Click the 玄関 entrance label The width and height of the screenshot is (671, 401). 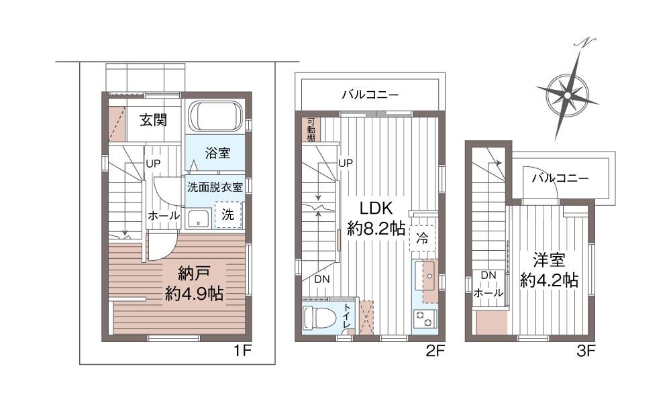(x=153, y=121)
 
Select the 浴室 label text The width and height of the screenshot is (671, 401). (x=217, y=154)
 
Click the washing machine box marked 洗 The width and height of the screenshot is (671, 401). (x=228, y=215)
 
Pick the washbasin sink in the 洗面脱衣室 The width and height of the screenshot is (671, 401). (x=198, y=217)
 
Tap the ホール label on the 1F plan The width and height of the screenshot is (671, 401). (x=163, y=216)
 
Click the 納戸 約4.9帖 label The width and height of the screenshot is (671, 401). (x=195, y=284)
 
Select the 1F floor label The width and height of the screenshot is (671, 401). (x=242, y=351)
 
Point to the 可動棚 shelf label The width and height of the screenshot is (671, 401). (x=311, y=129)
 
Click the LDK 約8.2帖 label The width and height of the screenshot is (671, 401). (x=374, y=218)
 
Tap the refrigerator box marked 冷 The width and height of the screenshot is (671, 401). (x=422, y=237)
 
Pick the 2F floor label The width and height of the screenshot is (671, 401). (x=435, y=351)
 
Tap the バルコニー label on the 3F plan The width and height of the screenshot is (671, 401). (x=560, y=178)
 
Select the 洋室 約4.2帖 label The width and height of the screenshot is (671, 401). (x=549, y=270)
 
